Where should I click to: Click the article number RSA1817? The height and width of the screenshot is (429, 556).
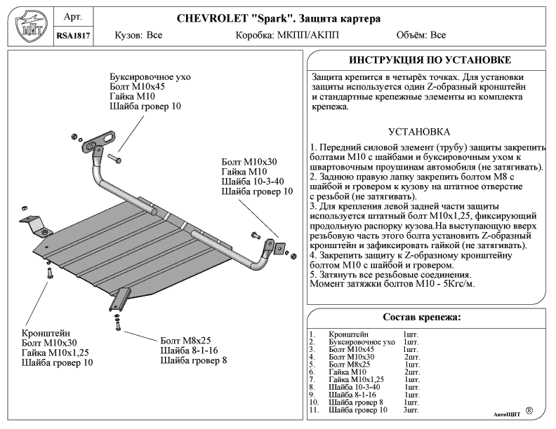(x=73, y=36)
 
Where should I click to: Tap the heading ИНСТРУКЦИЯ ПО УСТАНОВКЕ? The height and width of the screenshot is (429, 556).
(x=430, y=60)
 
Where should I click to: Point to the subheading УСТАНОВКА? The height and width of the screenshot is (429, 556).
(x=419, y=132)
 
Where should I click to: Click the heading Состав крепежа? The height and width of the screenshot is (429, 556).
(x=422, y=317)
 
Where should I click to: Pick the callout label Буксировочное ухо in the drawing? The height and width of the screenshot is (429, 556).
(x=150, y=77)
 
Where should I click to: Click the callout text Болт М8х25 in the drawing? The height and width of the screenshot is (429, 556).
(x=185, y=341)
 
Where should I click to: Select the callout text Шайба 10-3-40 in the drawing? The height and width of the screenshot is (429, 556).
(x=253, y=182)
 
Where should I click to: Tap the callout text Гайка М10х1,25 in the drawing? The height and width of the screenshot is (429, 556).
(x=55, y=353)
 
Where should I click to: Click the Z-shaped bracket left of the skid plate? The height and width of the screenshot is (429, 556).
(x=36, y=226)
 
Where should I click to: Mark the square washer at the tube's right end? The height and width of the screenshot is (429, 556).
(x=280, y=248)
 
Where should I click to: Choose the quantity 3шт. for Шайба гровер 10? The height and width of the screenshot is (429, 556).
(x=411, y=410)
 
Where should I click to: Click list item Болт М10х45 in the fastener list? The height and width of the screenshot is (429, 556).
(x=351, y=350)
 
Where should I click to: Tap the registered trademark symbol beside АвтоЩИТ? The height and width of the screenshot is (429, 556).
(x=529, y=411)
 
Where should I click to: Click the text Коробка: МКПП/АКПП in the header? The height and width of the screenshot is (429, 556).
(x=287, y=35)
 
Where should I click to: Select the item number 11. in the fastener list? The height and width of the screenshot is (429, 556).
(x=314, y=410)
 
